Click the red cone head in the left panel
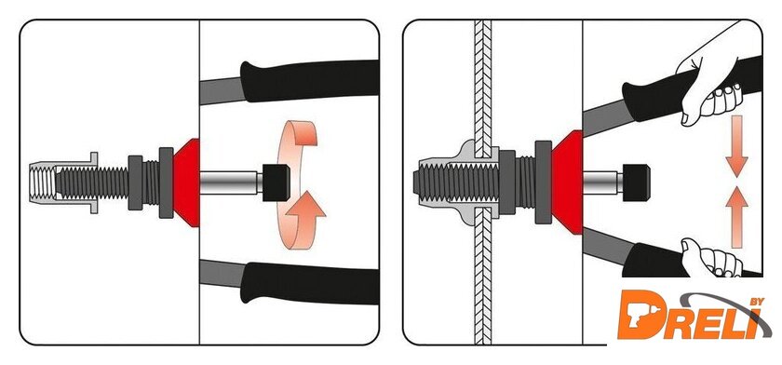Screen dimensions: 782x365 (186, 183)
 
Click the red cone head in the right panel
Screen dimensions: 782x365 (568, 182)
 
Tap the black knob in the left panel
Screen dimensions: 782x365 (276, 182)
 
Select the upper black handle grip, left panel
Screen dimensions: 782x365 (309, 81)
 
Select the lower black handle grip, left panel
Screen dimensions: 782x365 (309, 283)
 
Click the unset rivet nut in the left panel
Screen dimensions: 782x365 (62, 183)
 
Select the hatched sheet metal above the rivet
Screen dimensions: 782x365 (483, 88)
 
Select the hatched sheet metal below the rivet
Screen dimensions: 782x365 (483, 276)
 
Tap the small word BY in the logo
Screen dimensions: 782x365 (757, 302)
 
